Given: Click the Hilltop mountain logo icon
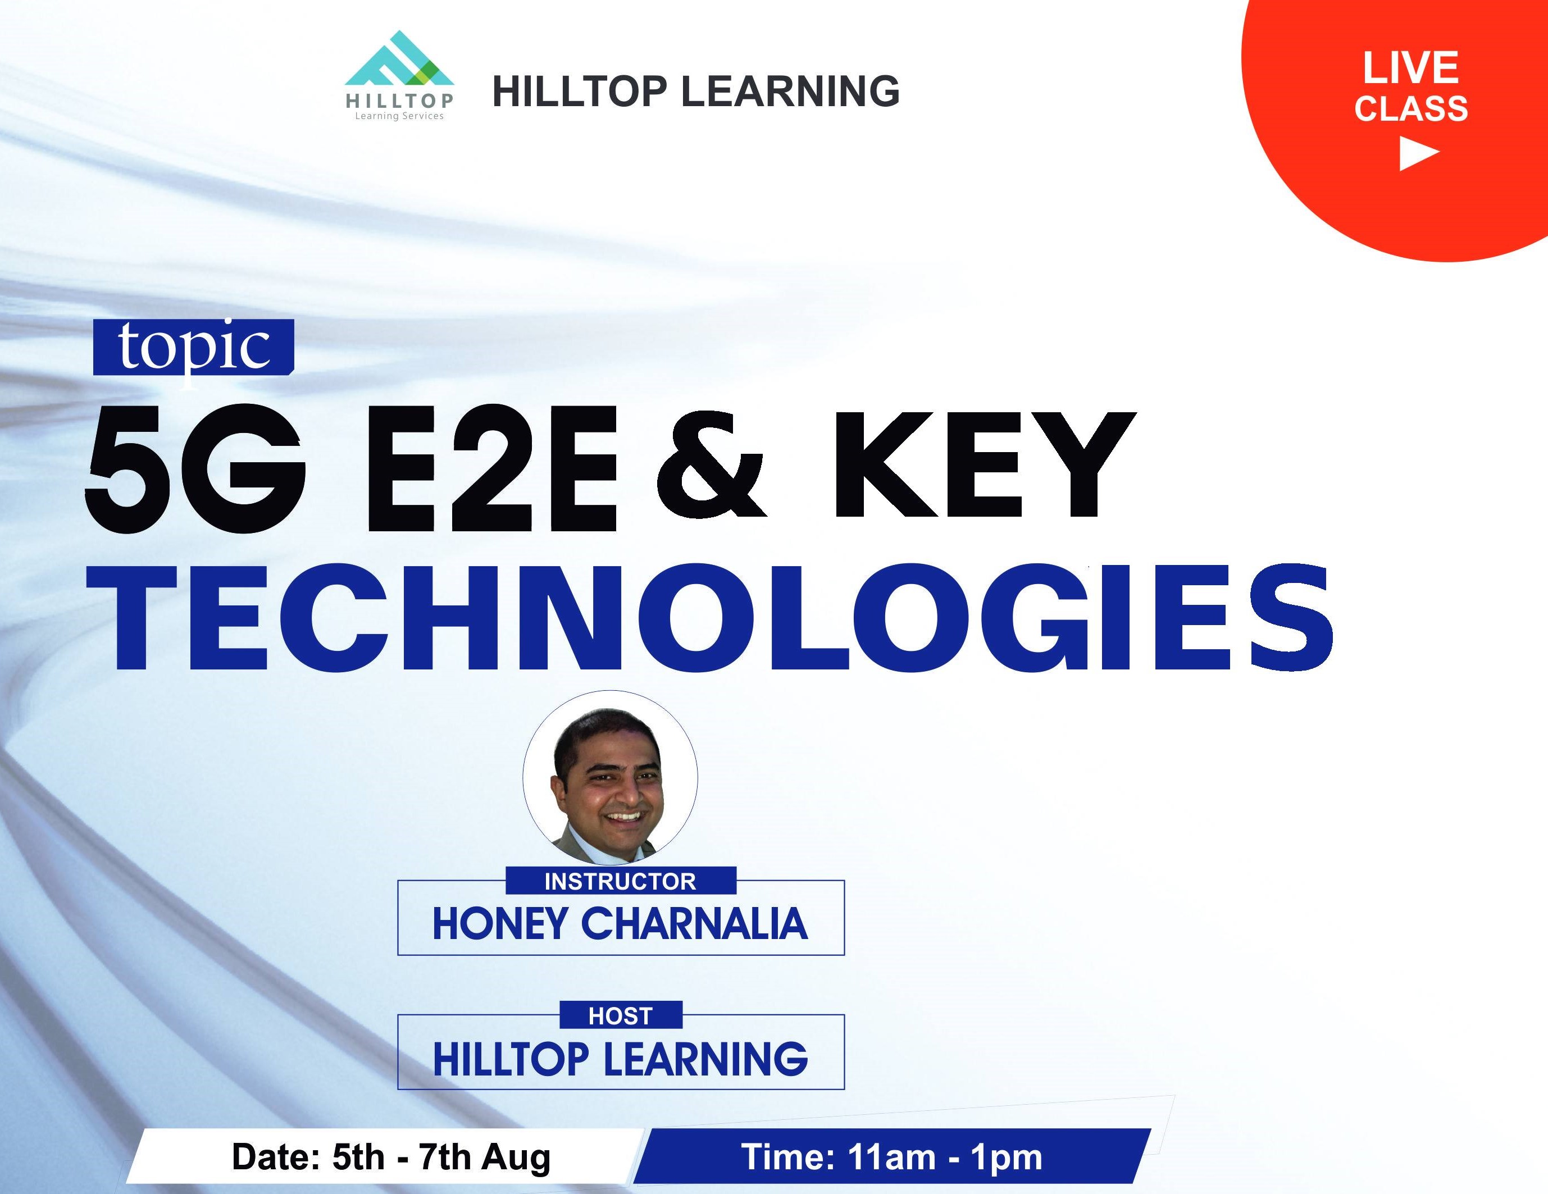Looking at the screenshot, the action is (x=399, y=59).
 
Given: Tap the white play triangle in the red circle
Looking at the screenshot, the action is (x=1418, y=153).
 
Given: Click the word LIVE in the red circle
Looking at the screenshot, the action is (x=1410, y=68).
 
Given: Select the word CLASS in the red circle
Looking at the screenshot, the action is (x=1411, y=109).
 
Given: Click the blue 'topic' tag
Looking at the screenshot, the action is (x=193, y=347).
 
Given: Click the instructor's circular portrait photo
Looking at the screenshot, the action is (x=610, y=777).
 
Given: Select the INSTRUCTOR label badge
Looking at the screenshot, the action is (x=620, y=881).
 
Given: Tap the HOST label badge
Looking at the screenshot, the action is (x=620, y=1015).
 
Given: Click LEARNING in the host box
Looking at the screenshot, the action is (x=705, y=1059).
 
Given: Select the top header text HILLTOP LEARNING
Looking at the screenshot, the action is (x=696, y=92).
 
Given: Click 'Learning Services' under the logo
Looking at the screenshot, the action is (x=399, y=116).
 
